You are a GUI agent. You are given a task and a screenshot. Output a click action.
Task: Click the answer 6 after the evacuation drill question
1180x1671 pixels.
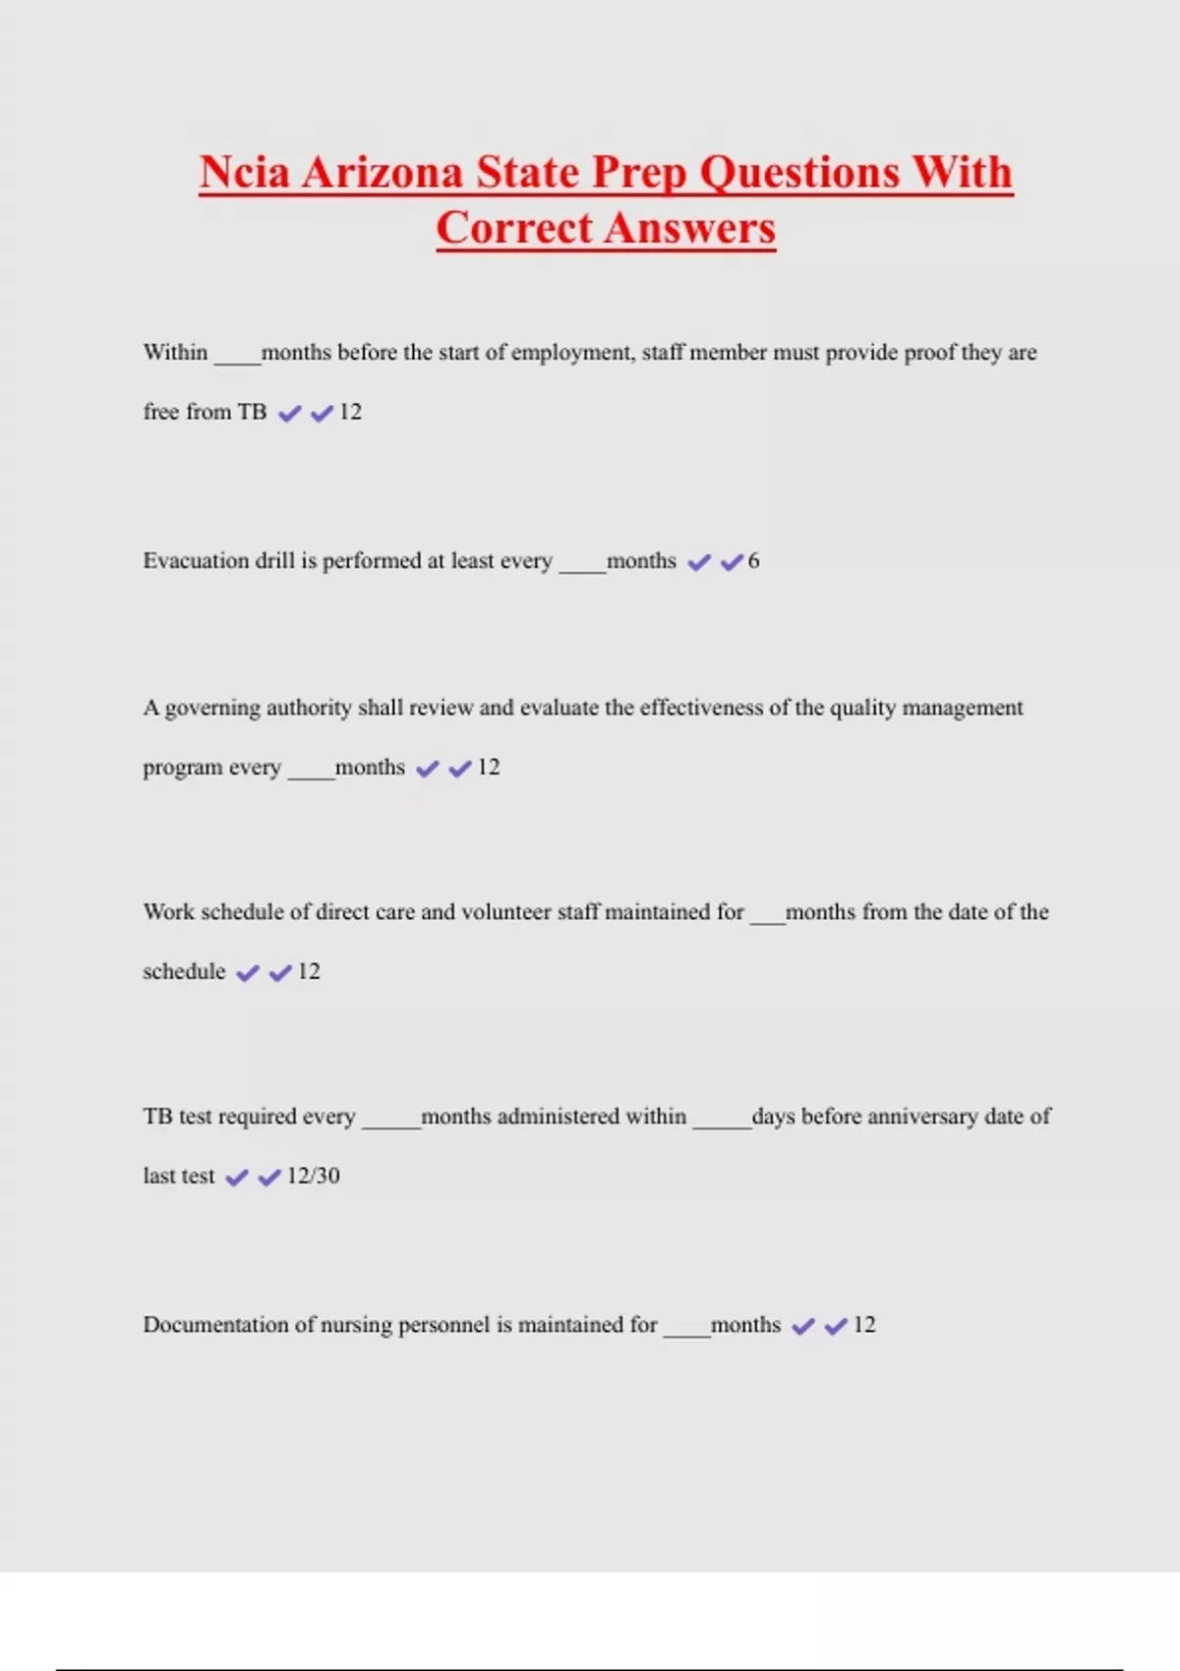point(753,561)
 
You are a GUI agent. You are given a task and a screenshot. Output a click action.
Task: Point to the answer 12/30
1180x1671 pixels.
point(313,1176)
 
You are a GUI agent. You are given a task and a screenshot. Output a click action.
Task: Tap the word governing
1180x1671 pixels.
point(212,709)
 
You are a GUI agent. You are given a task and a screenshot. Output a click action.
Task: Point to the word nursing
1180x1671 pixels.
point(356,1325)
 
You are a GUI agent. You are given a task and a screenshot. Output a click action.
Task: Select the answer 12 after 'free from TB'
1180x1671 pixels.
point(350,412)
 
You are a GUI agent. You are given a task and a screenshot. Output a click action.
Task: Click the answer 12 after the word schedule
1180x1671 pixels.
point(309,972)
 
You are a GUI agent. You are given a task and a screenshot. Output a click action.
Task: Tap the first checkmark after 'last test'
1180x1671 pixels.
point(237,1178)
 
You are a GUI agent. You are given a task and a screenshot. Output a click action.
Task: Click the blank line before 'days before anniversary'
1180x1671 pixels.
point(721,1126)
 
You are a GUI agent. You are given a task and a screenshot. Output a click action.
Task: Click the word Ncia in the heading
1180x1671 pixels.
point(245,173)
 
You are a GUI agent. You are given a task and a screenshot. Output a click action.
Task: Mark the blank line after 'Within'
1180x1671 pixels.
point(237,362)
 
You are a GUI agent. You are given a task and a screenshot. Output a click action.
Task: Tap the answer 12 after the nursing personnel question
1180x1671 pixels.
point(863,1325)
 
